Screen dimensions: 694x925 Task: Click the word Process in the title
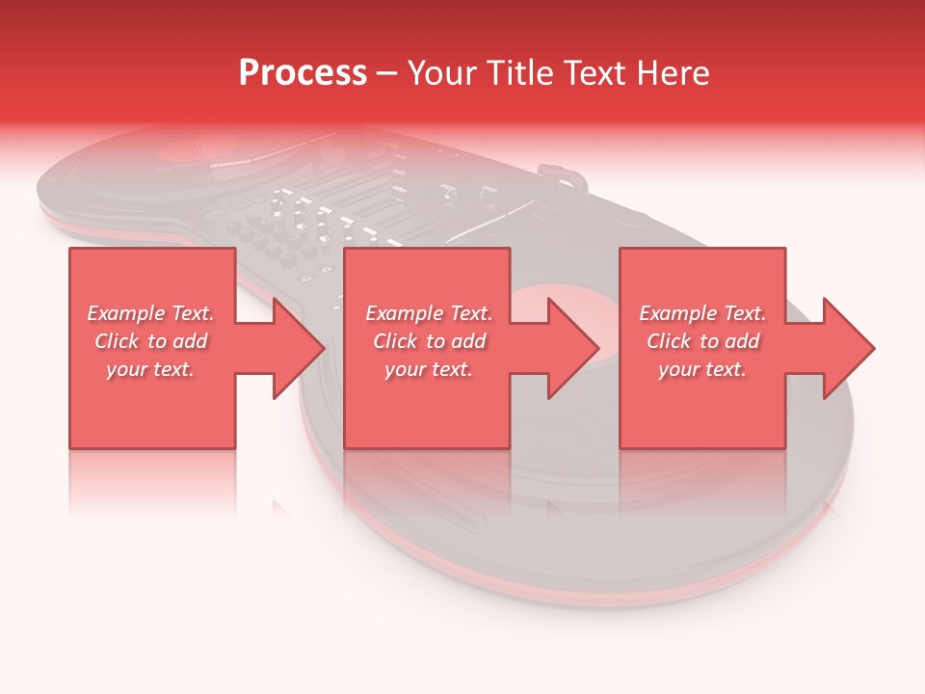coord(303,73)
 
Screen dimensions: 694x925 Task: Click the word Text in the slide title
coord(598,73)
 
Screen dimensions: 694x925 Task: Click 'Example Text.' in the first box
coord(150,313)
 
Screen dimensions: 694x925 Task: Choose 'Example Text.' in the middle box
coord(429,313)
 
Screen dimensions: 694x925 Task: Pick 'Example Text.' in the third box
coord(702,313)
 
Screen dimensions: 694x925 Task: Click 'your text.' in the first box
coord(150,369)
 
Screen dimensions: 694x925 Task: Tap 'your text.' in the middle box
coord(429,369)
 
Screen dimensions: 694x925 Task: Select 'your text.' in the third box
coord(702,369)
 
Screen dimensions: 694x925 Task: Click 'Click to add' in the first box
coord(150,341)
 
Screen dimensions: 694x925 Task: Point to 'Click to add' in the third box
coord(702,341)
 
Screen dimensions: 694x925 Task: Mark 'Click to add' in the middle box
coord(429,341)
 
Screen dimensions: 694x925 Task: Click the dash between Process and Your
coord(387,74)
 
